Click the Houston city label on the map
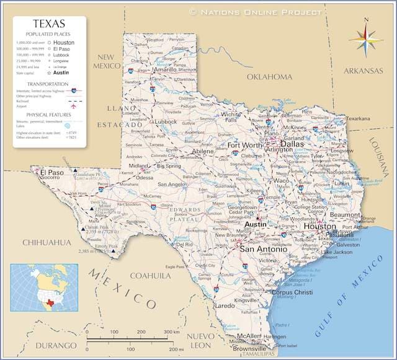(319, 227)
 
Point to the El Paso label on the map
(51, 172)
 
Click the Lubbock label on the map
(166, 122)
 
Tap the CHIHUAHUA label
(47, 242)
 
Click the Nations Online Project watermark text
(256, 12)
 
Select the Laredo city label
(225, 305)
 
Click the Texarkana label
(358, 118)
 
